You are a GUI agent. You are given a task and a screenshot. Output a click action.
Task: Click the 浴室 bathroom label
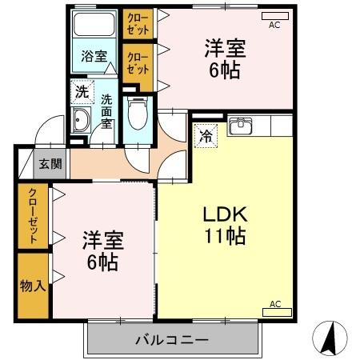(94, 56)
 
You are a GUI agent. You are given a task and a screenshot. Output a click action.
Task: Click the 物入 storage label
(33, 285)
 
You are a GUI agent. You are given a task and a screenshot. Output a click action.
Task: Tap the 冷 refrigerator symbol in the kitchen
(206, 136)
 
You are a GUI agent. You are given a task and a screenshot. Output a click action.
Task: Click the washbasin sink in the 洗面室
(82, 122)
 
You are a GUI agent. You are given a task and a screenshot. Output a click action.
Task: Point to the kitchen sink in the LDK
(240, 126)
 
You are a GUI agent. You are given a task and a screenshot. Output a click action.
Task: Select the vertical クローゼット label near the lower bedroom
(33, 217)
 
